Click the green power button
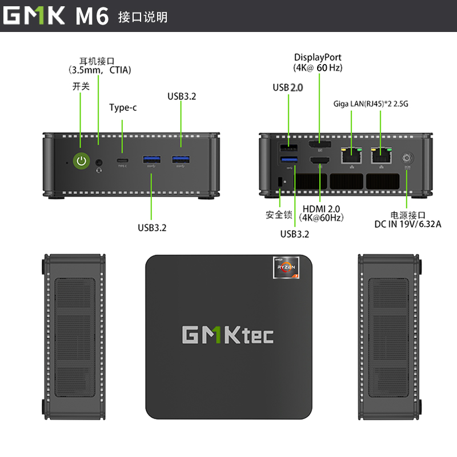pos(81,161)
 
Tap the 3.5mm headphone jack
pos(99,162)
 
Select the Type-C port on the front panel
pos(122,161)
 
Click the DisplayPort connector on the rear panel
pos(320,145)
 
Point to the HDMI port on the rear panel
pos(320,161)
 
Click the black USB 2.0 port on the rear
pos(289,147)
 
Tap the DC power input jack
pos(407,158)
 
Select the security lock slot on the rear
pos(280,182)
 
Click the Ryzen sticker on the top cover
pos(286,267)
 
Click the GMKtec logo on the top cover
pos(228,335)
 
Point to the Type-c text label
pos(123,107)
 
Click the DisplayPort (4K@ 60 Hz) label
pos(318,62)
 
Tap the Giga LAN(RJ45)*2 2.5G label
pos(371,104)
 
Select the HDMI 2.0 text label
pos(321,209)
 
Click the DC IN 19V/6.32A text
pos(408,224)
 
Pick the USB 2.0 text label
pos(288,87)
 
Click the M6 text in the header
pos(92,16)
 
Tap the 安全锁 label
pos(279,215)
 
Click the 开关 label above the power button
pos(81,86)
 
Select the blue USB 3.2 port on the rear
pos(289,159)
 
